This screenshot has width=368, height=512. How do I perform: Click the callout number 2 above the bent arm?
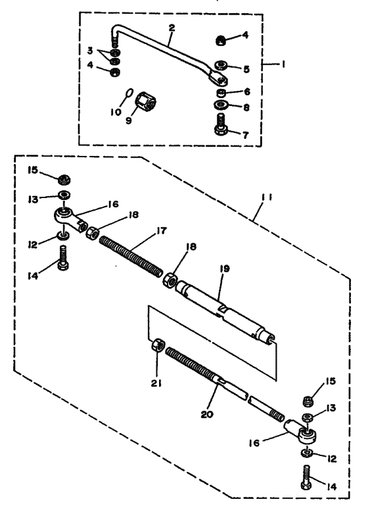pos(172,28)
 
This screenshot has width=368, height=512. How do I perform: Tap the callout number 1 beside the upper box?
pos(283,64)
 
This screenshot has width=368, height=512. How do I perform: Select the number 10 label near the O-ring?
pos(116,112)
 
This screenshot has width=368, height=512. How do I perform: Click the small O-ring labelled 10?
pos(129,93)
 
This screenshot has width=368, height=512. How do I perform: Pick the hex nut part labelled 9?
pos(145,101)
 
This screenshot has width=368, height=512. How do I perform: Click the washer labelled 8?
pos(221,105)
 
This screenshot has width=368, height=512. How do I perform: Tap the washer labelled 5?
pos(221,64)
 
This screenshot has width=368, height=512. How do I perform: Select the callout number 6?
pos(247,91)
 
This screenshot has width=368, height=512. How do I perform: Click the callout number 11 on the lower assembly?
pos(267,198)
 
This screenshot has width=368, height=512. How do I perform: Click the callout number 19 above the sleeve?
pos(225,269)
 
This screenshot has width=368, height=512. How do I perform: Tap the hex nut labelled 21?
pos(158,345)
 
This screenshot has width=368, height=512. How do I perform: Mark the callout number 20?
pos(207,414)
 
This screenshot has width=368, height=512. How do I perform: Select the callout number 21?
pos(156,384)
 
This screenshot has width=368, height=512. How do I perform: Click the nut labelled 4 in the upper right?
pos(221,41)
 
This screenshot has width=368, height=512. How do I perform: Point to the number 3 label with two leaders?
pos(90,50)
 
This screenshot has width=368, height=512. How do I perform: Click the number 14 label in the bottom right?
pos(331,486)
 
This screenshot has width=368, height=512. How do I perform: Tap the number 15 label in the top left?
pos(33,170)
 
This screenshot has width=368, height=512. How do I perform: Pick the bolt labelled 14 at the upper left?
pos(62,257)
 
